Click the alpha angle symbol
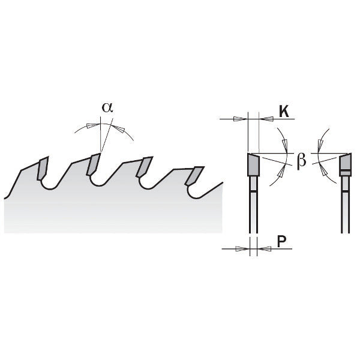point(107,107)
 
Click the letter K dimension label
point(284,112)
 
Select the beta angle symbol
point(301,160)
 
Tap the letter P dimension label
point(282,241)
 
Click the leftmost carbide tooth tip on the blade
point(43,168)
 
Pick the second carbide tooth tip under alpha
point(94,164)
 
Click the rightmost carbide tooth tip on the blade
point(194,176)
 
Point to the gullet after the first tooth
point(50,185)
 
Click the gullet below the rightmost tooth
point(196,194)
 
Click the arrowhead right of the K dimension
point(266,119)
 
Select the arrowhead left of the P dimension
point(242,248)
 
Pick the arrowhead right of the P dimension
point(264,248)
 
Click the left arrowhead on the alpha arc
point(94,125)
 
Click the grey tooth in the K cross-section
point(253,164)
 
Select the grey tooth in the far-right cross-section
point(346,164)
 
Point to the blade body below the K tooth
point(253,205)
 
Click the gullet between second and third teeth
point(101,182)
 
